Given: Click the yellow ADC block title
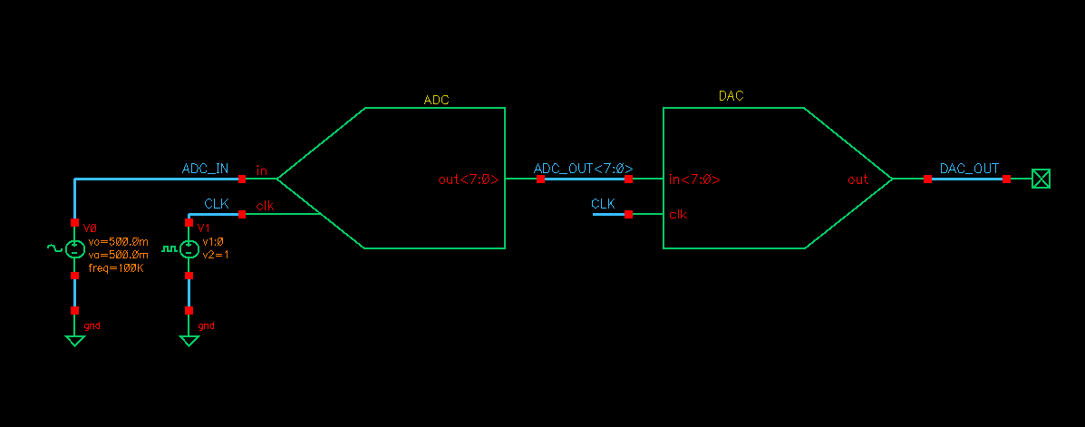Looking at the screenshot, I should [x=436, y=99].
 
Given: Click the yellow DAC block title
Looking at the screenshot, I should [x=731, y=96].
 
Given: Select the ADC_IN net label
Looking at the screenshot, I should [x=206, y=169].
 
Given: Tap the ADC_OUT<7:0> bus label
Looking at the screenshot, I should [x=583, y=169].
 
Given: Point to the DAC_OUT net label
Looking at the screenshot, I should [x=969, y=169].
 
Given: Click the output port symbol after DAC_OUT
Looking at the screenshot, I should [x=1041, y=180].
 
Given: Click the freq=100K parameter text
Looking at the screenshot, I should [x=117, y=268].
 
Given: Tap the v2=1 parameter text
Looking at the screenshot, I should [x=216, y=255].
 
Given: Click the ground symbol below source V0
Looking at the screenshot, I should [x=75, y=340].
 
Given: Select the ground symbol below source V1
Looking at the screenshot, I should [x=189, y=340].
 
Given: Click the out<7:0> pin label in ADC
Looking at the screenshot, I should [x=468, y=180].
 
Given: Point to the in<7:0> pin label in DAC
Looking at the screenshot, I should [x=694, y=180].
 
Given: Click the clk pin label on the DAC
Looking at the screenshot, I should [x=677, y=215].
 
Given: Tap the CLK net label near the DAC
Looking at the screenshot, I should [x=603, y=204].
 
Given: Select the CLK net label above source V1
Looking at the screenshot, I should [x=217, y=204].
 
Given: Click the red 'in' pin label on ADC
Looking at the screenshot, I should [x=262, y=170].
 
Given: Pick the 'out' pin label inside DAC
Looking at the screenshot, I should [x=857, y=180].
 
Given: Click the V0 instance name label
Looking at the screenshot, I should [x=89, y=228].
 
